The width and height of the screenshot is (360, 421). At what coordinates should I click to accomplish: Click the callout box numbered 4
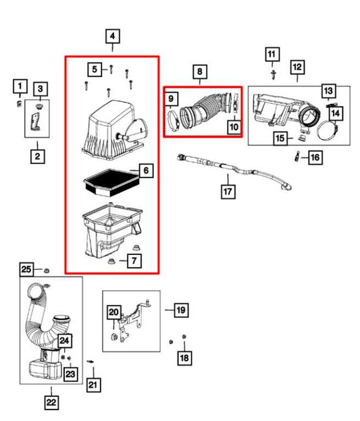click(x=112, y=36)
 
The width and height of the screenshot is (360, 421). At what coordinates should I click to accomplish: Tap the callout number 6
click(x=146, y=171)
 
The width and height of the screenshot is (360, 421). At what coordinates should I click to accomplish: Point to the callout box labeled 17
click(x=228, y=192)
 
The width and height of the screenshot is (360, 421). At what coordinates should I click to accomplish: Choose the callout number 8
click(x=199, y=72)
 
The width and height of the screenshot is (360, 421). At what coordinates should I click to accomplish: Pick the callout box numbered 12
click(x=297, y=67)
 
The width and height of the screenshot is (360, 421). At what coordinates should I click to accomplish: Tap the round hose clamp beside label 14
click(x=328, y=131)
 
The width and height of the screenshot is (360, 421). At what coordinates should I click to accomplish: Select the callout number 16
click(x=315, y=157)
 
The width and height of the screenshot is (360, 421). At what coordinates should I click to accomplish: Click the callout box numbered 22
click(x=51, y=403)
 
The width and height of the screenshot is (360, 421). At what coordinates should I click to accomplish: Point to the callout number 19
click(x=180, y=310)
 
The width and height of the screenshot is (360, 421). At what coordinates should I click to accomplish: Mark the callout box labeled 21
click(x=93, y=385)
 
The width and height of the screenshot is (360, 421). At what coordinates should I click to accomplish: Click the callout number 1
click(x=20, y=86)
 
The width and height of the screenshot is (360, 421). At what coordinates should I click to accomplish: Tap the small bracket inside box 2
click(x=34, y=122)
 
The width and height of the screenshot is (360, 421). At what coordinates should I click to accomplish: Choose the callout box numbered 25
click(x=26, y=269)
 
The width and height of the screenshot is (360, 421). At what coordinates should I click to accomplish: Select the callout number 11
click(x=272, y=55)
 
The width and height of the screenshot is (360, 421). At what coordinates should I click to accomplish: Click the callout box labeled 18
click(x=184, y=358)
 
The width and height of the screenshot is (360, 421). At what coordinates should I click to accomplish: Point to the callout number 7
click(x=134, y=260)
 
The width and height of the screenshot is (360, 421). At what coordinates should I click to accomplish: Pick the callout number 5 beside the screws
click(x=95, y=69)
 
